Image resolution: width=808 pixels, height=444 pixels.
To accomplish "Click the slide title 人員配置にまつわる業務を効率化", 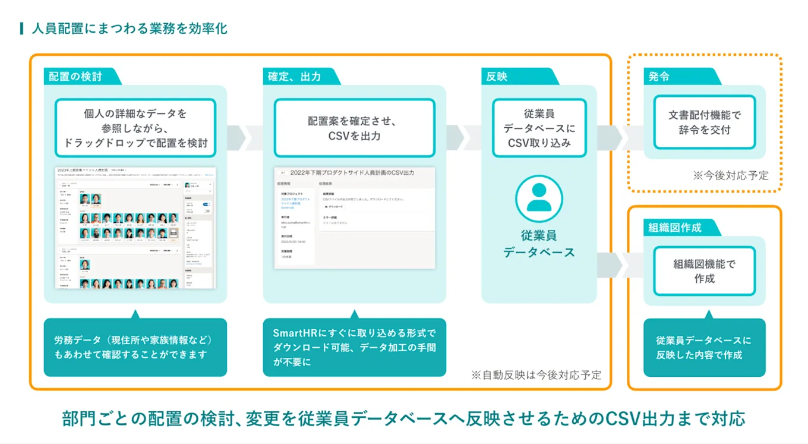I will pyautogui.click(x=129, y=28).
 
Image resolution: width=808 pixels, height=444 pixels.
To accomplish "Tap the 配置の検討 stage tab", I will pyautogui.click(x=76, y=77).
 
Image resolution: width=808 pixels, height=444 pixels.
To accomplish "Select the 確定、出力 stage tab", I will pyautogui.click(x=295, y=77).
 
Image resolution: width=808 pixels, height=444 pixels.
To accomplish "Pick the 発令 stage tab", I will pyautogui.click(x=659, y=77).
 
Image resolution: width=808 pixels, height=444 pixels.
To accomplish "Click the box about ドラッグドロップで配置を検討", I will pyautogui.click(x=135, y=128).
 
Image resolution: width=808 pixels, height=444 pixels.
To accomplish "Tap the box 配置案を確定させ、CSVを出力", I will pyautogui.click(x=354, y=128).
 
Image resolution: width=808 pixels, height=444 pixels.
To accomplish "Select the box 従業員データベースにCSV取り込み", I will pyautogui.click(x=539, y=128).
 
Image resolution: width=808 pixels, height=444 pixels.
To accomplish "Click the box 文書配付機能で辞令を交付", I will pyautogui.click(x=704, y=122).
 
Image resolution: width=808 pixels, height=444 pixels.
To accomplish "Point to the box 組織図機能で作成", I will pyautogui.click(x=704, y=271).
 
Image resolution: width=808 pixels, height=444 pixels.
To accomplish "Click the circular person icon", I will pyautogui.click(x=539, y=199).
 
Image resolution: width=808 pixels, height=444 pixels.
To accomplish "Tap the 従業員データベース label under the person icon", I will pyautogui.click(x=539, y=244).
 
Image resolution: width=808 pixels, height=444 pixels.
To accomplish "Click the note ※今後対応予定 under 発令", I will pyautogui.click(x=730, y=175).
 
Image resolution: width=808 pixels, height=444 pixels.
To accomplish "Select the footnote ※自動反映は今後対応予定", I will pyautogui.click(x=536, y=375).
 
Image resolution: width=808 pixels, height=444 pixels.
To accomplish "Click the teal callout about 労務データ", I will pyautogui.click(x=135, y=347).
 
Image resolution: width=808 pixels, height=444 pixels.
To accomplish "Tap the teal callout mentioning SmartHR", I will pyautogui.click(x=354, y=347).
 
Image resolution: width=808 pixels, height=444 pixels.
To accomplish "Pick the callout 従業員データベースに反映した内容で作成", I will pyautogui.click(x=704, y=347).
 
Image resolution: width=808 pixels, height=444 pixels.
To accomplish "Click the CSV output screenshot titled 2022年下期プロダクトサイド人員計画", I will pyautogui.click(x=354, y=218).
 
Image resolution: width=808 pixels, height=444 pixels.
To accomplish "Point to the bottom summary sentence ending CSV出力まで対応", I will pyautogui.click(x=403, y=418).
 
